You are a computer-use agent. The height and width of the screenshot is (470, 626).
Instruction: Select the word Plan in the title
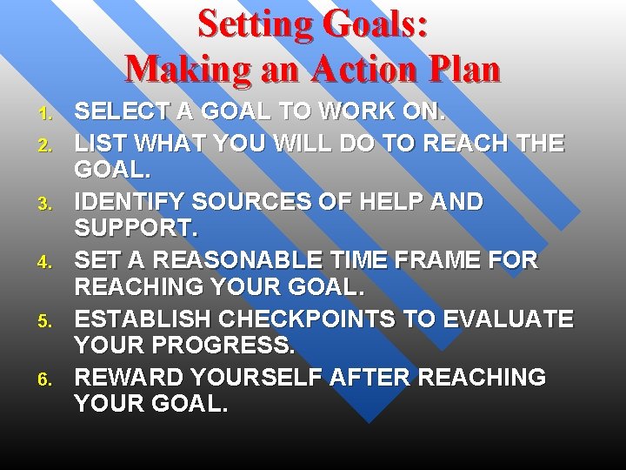click(x=460, y=68)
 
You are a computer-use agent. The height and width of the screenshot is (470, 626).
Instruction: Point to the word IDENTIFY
click(x=130, y=201)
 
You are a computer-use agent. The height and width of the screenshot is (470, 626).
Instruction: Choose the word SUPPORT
click(x=136, y=231)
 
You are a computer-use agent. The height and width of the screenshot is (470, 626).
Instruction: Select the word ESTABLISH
click(x=143, y=319)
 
